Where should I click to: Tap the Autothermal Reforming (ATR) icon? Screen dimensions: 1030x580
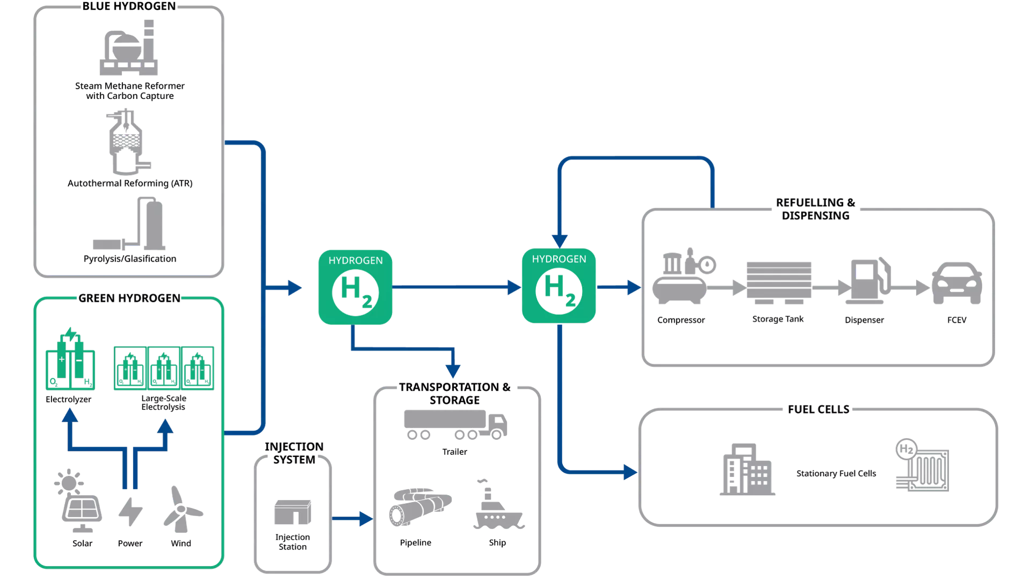pyautogui.click(x=128, y=142)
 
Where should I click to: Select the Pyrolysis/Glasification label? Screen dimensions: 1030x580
pyautogui.click(x=130, y=259)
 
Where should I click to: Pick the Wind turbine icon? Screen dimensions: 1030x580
pyautogui.click(x=182, y=510)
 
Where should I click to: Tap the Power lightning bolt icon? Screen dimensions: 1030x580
pyautogui.click(x=130, y=512)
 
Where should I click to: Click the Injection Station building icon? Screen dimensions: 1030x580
pyautogui.click(x=293, y=512)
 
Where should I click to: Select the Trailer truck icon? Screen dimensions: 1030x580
pyautogui.click(x=455, y=425)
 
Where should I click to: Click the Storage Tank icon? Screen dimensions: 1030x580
pyautogui.click(x=779, y=282)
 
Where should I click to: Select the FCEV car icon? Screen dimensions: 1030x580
pyautogui.click(x=957, y=283)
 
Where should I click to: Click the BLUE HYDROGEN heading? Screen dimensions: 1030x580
pyautogui.click(x=129, y=6)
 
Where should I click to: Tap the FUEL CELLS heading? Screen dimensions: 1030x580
pyautogui.click(x=819, y=409)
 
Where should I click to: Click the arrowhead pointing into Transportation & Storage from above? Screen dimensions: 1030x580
pyautogui.click(x=453, y=371)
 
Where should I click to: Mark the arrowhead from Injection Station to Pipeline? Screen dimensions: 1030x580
pyautogui.click(x=366, y=519)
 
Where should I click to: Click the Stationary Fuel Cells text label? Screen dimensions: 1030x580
pyautogui.click(x=836, y=474)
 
